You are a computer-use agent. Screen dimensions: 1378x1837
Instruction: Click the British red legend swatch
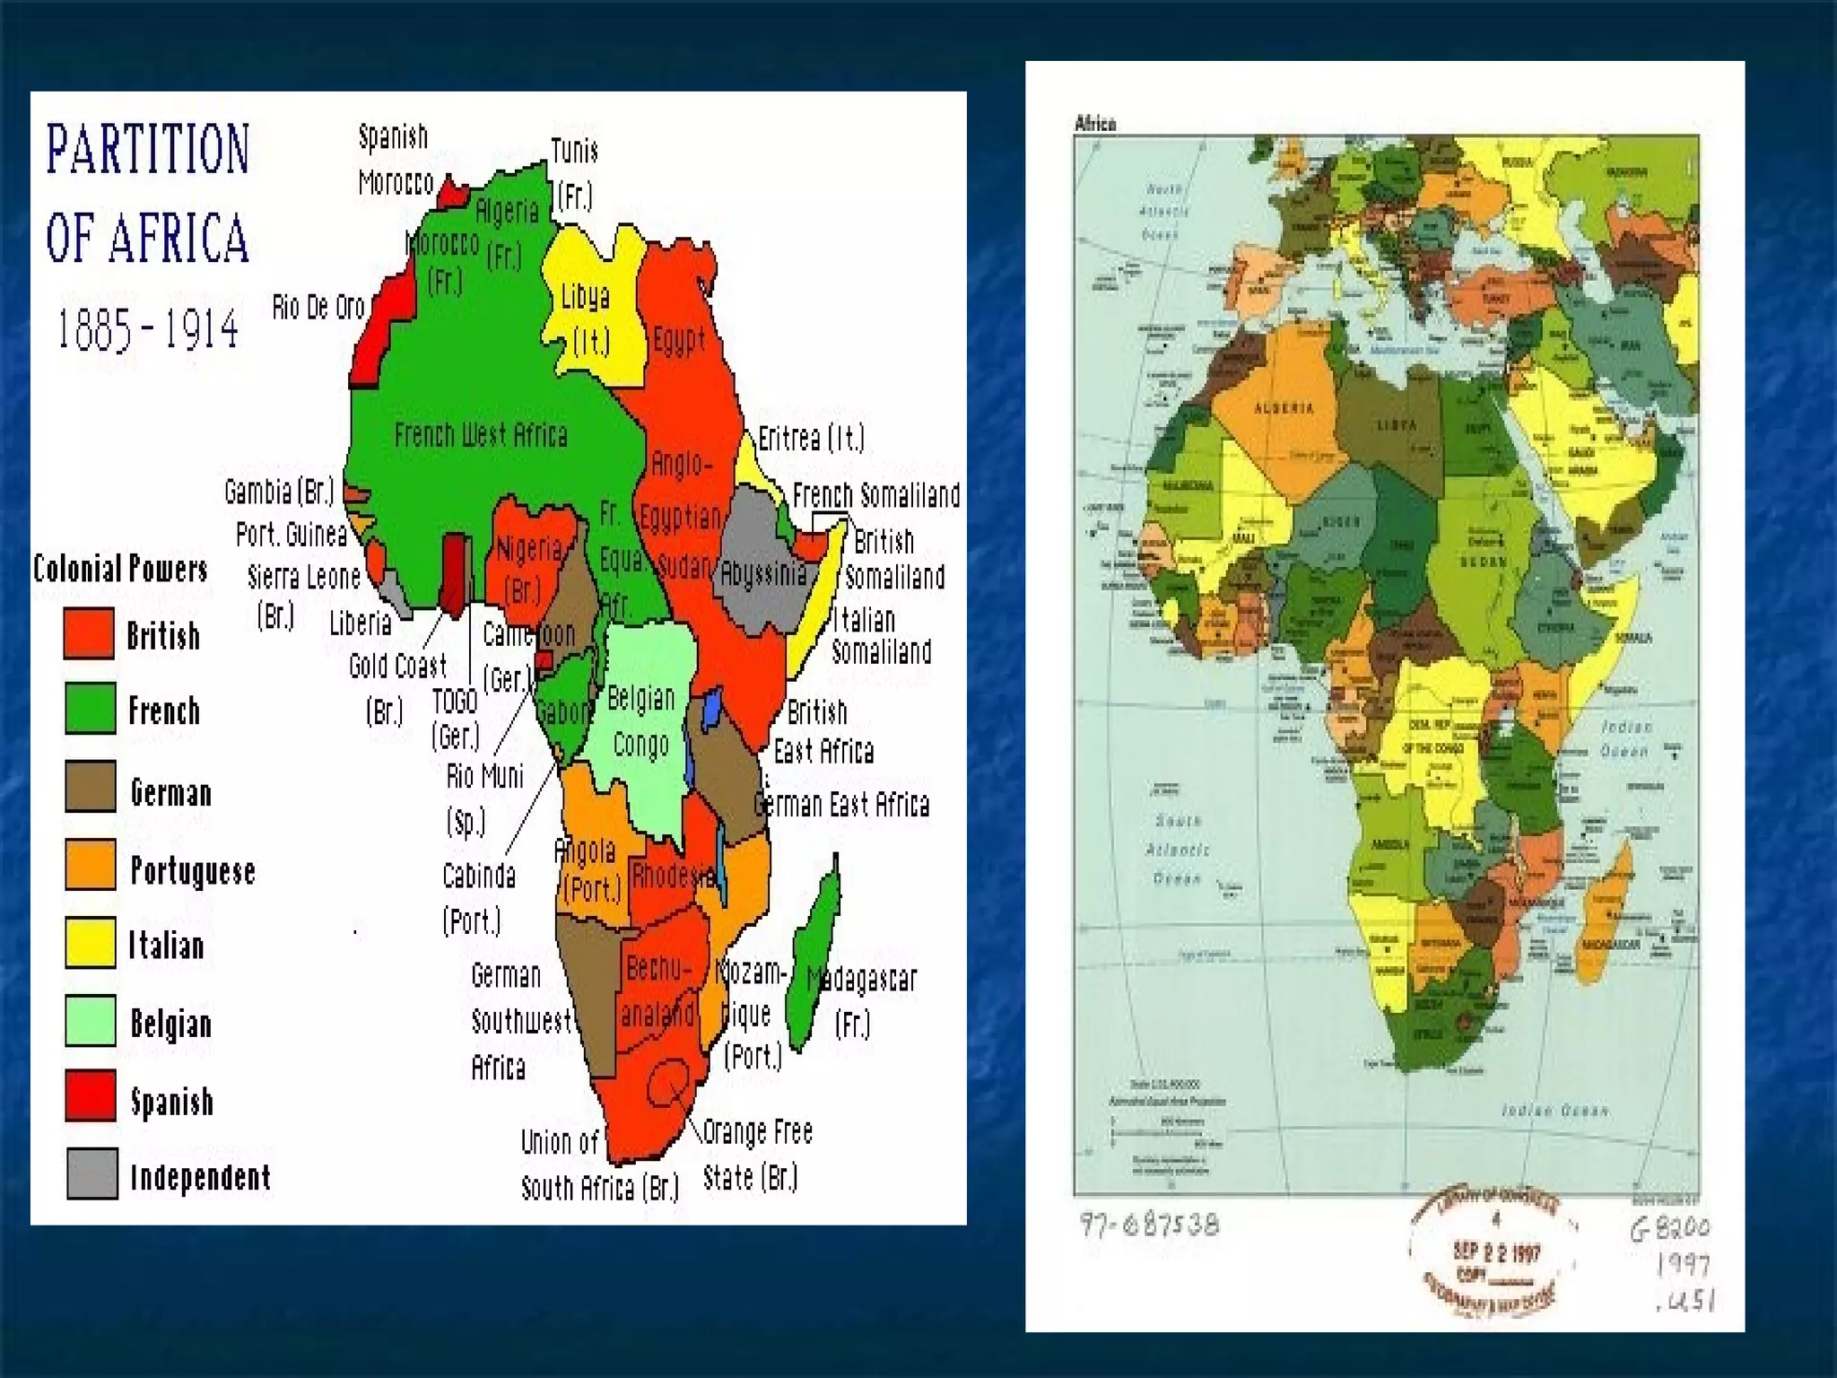coord(89,633)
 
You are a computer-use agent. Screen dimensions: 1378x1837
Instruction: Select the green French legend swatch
coord(90,709)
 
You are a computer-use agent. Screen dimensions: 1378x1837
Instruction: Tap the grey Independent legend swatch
coord(91,1173)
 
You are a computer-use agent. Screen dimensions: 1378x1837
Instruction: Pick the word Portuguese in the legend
coord(193,870)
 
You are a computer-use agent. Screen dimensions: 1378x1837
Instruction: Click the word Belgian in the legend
coord(170,1023)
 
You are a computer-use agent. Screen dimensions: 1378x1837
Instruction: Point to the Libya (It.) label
coord(587,318)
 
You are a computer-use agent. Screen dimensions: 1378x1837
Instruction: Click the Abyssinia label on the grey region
coord(763,573)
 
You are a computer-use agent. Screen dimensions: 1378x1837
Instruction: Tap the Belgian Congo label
coord(640,721)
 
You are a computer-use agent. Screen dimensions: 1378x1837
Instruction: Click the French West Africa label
coord(481,436)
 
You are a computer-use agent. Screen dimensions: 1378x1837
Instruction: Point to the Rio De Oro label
coord(318,307)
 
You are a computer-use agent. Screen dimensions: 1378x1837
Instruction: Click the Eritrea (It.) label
coord(811,438)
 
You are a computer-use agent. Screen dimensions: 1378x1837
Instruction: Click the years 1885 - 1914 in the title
coord(148,329)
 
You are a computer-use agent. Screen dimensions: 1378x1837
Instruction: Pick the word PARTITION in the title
coord(148,150)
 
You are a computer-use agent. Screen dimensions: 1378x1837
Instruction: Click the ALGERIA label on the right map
coord(1284,409)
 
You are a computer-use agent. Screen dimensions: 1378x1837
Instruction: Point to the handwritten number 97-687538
coord(1149,1225)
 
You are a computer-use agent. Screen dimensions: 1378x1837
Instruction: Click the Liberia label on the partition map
coord(361,623)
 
